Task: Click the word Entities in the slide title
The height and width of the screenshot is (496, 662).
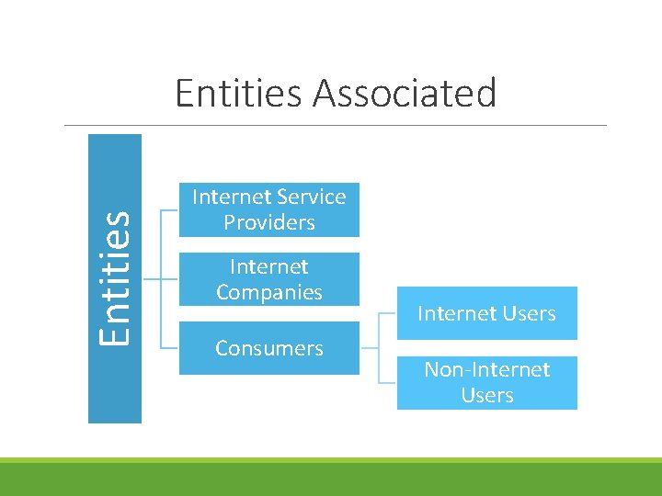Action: coord(238,94)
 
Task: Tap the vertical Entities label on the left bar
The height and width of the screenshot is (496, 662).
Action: coord(114,277)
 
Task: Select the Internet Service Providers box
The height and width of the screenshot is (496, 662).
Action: coord(268,209)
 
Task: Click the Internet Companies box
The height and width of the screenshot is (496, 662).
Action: coord(268,279)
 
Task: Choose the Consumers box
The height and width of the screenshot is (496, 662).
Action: coord(268,348)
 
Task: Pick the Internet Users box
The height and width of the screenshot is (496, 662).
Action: coord(486,313)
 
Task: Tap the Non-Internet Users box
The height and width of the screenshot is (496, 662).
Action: coord(486,382)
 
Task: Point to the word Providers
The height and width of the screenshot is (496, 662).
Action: coord(268,222)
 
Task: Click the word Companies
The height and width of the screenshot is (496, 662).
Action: coord(268,292)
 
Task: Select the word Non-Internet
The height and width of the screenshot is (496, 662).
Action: coord(486,369)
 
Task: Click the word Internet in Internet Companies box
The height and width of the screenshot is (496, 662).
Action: coord(268,266)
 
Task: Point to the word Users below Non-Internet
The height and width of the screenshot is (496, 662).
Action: coord(486,395)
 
